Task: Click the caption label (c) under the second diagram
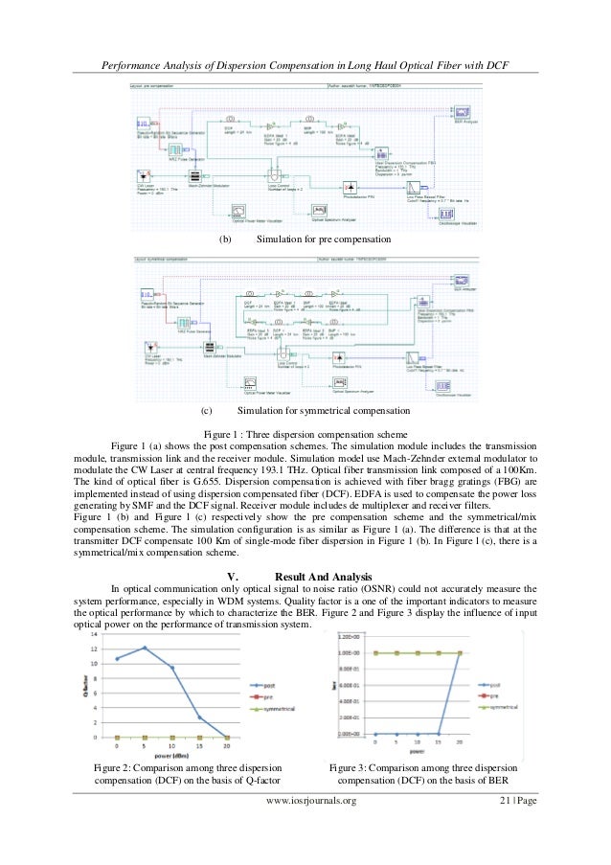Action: click(x=207, y=411)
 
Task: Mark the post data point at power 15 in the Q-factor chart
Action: click(x=199, y=717)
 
